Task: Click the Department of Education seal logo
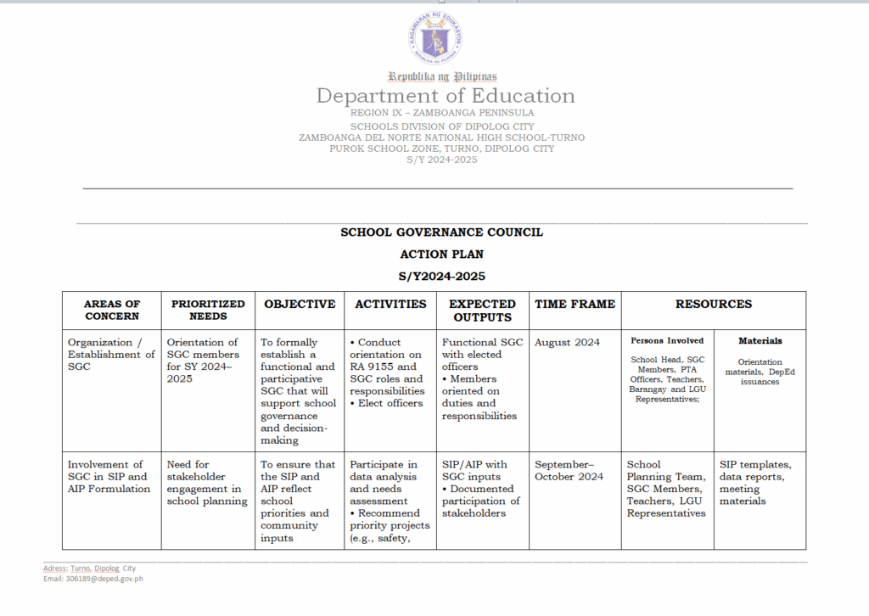pos(434,38)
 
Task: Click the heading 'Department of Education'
pos(446,96)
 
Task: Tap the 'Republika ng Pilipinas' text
pos(442,76)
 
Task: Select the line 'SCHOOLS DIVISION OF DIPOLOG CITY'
pos(442,126)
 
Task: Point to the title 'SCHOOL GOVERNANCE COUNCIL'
pos(441,232)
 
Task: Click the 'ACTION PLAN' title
pos(441,254)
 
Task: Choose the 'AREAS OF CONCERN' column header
pos(112,310)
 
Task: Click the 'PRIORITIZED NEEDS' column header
pos(208,310)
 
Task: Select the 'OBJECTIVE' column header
pos(300,304)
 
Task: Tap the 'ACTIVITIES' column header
pos(390,304)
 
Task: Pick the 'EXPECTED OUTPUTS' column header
pos(482,310)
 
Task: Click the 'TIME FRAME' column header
pos(575,304)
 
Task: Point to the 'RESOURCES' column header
pos(714,304)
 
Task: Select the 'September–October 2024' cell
pos(569,471)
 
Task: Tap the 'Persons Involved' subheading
pos(667,341)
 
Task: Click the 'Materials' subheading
pos(760,341)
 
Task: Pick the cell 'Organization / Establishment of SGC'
pos(111,355)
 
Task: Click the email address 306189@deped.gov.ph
pos(93,579)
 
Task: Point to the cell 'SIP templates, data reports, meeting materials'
pos(755,483)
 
